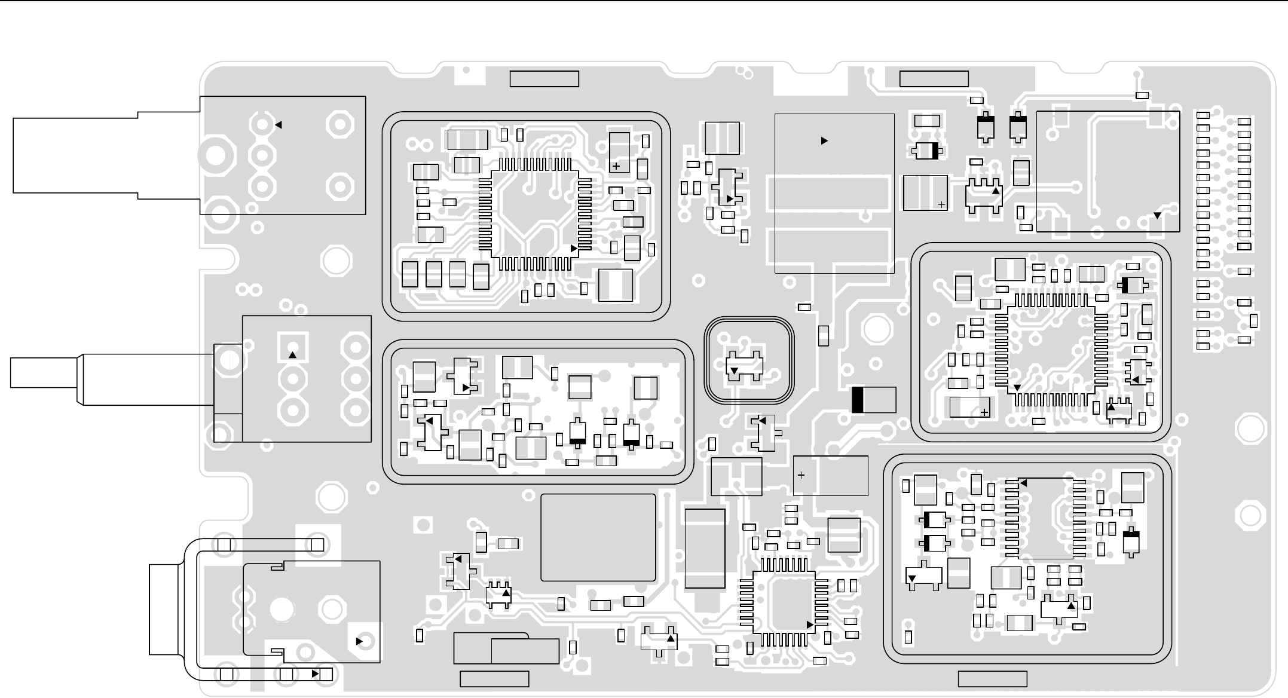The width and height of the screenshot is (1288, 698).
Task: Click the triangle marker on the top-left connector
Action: click(x=278, y=125)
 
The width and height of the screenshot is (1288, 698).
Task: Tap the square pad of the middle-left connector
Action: click(x=293, y=347)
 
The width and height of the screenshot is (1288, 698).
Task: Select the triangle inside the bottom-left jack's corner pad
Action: click(x=360, y=641)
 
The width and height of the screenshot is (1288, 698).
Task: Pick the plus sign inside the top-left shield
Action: click(x=616, y=167)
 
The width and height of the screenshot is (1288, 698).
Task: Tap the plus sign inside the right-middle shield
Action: click(x=984, y=412)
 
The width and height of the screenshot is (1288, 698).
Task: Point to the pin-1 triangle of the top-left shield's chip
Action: click(x=574, y=248)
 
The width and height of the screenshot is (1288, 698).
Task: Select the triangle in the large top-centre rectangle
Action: click(x=824, y=141)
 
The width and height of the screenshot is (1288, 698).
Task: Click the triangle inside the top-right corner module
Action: click(x=1157, y=216)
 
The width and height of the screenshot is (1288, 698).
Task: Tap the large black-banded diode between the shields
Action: click(x=874, y=400)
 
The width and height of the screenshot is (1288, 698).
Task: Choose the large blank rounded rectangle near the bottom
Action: click(x=598, y=537)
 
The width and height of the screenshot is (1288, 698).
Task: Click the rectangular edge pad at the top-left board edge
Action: click(x=544, y=79)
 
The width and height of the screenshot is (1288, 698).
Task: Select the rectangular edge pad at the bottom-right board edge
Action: click(x=992, y=679)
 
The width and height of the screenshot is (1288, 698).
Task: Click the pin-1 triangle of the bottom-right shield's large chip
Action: click(x=1023, y=483)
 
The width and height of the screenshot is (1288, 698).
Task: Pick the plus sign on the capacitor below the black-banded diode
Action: click(x=801, y=476)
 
